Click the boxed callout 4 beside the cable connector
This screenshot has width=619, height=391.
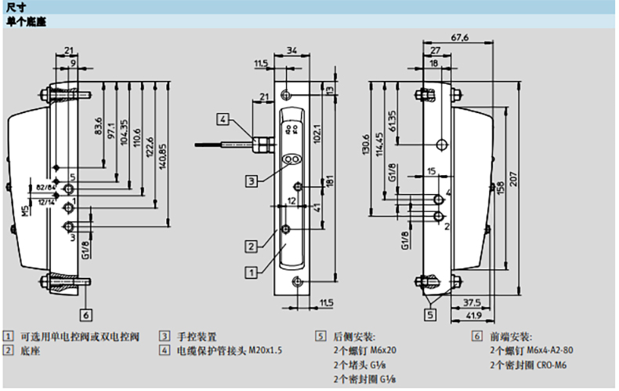tap(223, 120)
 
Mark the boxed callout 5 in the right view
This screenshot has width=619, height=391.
tap(430, 315)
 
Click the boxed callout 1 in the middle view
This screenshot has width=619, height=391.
tap(251, 272)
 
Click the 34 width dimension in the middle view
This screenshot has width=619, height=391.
tap(291, 52)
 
